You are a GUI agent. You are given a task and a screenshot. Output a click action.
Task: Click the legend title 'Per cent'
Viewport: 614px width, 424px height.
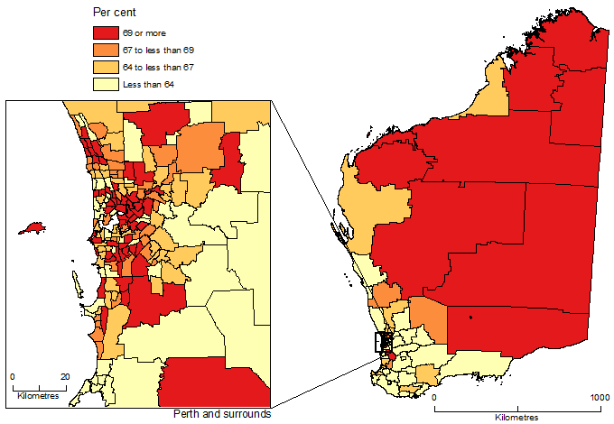115,13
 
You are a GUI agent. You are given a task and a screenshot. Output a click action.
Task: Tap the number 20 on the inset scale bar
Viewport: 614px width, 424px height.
64,376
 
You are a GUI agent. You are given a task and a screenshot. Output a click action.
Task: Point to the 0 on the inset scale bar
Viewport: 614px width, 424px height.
13,376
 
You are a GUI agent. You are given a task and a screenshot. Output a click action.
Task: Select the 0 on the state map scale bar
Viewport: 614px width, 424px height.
434,398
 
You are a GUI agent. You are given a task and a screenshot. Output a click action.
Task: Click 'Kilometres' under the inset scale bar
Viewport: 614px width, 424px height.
37,397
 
